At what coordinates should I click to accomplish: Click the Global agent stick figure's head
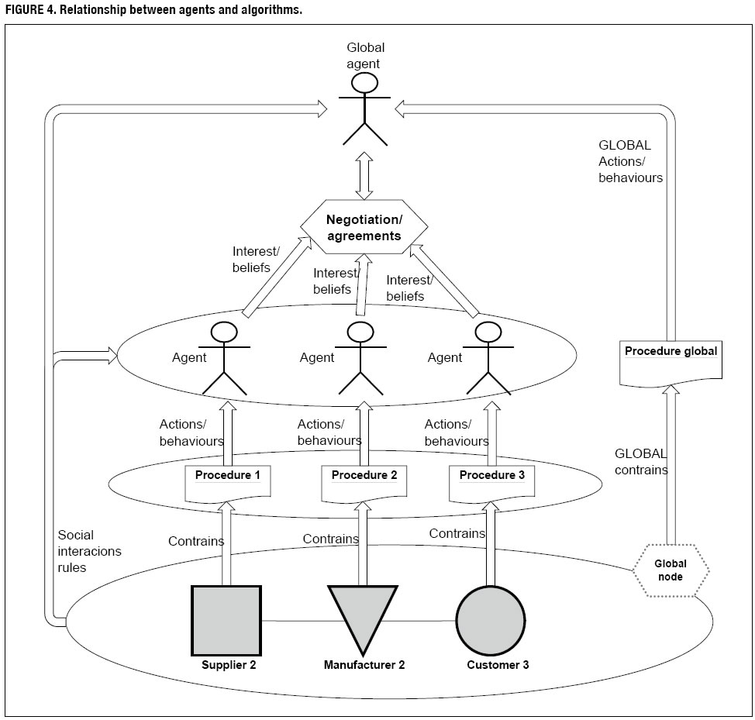click(365, 83)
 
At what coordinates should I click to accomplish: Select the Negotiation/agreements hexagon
click(364, 228)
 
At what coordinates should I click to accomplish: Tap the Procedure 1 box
click(227, 480)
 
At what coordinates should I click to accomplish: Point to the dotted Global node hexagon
click(671, 571)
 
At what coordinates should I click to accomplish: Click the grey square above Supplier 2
click(226, 620)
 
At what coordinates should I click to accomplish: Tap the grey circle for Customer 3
click(490, 620)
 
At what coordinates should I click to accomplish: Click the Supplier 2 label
click(228, 664)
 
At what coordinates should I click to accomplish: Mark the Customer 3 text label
click(498, 664)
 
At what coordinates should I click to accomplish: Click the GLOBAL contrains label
click(641, 461)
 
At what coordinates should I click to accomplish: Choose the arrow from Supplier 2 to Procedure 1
click(227, 543)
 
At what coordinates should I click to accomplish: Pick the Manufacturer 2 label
click(364, 664)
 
